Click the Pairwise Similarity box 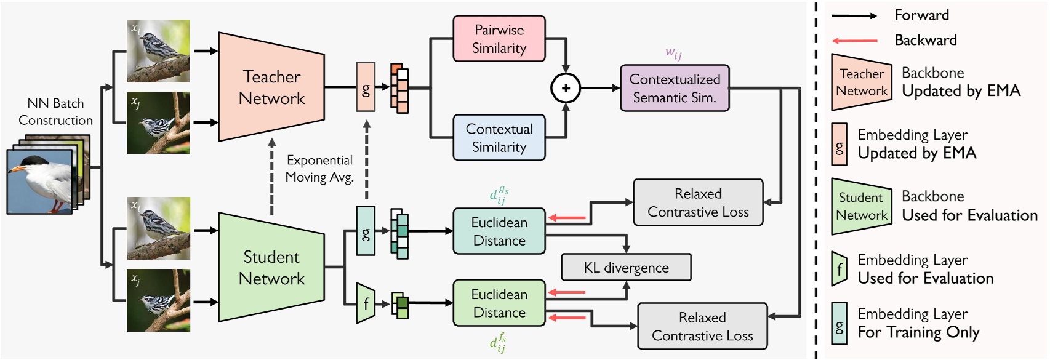click(x=499, y=39)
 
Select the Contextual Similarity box click(x=499, y=138)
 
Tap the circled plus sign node click(x=565, y=88)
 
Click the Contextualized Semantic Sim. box click(x=675, y=88)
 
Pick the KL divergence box click(x=626, y=268)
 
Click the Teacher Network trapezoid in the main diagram click(x=271, y=87)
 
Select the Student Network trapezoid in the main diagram click(x=271, y=267)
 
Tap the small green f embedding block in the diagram click(x=366, y=303)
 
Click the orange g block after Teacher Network click(x=366, y=87)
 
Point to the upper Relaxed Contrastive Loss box click(x=698, y=202)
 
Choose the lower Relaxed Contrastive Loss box click(x=702, y=326)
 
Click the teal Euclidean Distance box click(x=499, y=231)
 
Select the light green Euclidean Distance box click(x=499, y=303)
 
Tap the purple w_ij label click(x=673, y=54)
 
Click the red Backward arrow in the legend click(x=854, y=41)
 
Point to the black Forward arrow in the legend click(x=854, y=16)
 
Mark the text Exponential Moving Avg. click(x=319, y=169)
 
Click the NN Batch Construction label click(x=55, y=111)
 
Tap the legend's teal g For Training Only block click(x=839, y=323)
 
